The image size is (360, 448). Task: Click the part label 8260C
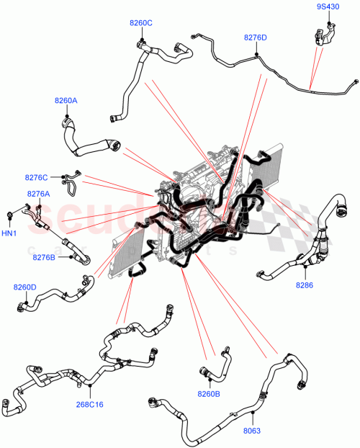(x=141, y=23)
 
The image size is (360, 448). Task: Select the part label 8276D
(x=255, y=37)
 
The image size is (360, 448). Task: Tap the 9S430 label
(x=328, y=7)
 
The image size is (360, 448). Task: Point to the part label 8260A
(x=66, y=101)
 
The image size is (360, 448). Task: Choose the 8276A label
(x=38, y=194)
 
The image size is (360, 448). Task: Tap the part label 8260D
(x=24, y=287)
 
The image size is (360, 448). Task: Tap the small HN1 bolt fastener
(x=11, y=215)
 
